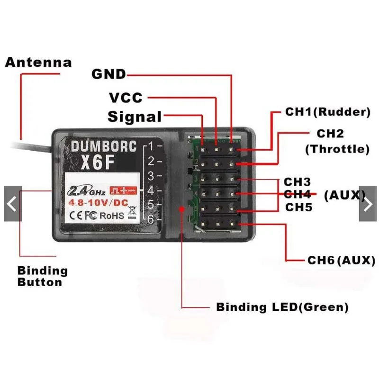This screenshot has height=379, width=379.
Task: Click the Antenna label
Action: (x=38, y=63)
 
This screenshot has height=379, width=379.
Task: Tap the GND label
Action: (x=109, y=74)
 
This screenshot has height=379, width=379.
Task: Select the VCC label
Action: (x=126, y=98)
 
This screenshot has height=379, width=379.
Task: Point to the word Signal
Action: (x=135, y=117)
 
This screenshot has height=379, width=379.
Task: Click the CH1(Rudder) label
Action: (x=327, y=112)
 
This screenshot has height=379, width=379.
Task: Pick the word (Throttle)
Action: (x=337, y=149)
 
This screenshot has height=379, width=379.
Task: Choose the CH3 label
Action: (x=297, y=182)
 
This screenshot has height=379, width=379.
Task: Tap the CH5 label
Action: (x=298, y=207)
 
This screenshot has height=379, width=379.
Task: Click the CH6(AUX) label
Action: (x=341, y=260)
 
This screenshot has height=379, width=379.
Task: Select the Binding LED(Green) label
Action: (x=282, y=307)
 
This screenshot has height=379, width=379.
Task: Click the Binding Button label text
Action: (x=43, y=277)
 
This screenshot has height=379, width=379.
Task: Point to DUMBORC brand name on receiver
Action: (x=103, y=146)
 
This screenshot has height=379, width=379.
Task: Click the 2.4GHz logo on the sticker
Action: (x=88, y=191)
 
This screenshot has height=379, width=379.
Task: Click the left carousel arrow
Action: (x=12, y=204)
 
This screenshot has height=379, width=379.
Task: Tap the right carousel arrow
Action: (x=368, y=204)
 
